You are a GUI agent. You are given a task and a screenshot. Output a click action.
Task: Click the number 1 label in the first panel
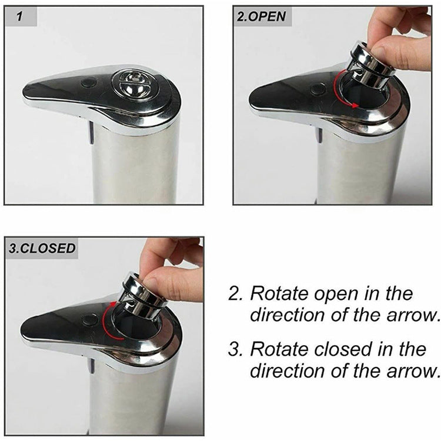pos(19,16)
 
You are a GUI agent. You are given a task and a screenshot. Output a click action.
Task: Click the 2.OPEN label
pos(260,16)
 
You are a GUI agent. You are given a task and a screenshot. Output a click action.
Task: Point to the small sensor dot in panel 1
pos(89,83)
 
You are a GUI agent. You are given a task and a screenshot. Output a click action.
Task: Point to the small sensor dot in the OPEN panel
pos(318,89)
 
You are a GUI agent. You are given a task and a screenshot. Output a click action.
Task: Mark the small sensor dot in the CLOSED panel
pos(89,320)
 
